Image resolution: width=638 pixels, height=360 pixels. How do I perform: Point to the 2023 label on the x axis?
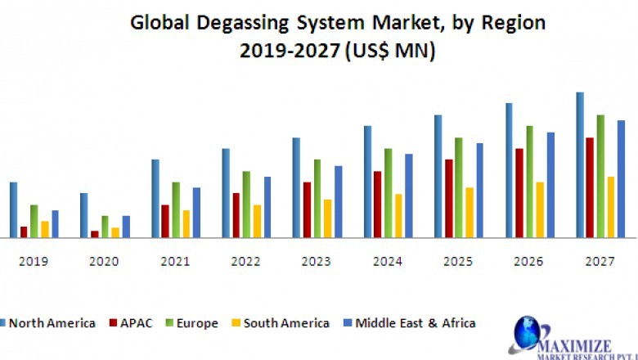(317, 261)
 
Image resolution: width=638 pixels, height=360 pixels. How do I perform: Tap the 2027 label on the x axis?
(600, 261)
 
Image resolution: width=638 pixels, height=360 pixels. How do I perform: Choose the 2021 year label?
(175, 261)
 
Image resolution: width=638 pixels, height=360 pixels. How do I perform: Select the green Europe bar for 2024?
(389, 193)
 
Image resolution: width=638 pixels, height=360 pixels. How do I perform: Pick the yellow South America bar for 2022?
(258, 221)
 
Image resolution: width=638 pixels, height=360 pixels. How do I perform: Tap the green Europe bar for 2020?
(105, 227)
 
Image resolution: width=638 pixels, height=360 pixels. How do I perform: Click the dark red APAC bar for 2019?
(24, 232)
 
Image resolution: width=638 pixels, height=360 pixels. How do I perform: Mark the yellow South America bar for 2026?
(540, 209)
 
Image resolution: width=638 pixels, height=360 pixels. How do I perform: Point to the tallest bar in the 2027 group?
(580, 164)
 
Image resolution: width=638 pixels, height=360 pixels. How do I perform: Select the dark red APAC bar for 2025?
(448, 198)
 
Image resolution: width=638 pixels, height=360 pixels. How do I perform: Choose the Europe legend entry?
(193, 323)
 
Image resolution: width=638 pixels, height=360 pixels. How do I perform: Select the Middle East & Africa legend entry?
(412, 323)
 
